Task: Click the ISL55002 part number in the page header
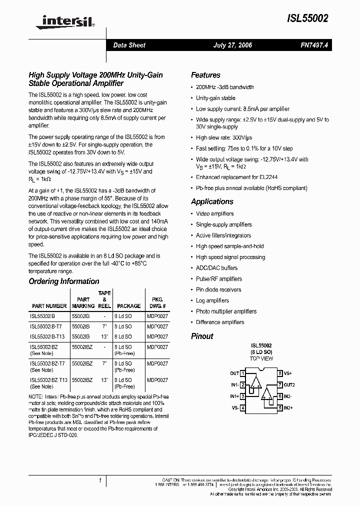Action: (307, 18)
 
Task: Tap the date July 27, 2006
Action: (232, 45)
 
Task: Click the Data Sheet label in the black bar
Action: (129, 45)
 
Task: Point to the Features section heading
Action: (205, 75)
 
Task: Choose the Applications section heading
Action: (212, 201)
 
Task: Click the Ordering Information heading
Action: (64, 281)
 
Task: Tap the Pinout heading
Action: (202, 336)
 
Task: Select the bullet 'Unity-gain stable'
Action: (215, 98)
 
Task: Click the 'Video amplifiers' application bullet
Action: (215, 213)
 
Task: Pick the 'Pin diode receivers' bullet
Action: (218, 289)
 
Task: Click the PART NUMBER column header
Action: (49, 306)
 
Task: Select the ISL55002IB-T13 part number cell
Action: (47, 336)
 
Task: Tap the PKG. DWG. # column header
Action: (157, 303)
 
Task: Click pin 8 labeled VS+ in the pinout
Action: (287, 373)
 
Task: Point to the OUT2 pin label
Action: (289, 384)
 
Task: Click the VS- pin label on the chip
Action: (234, 408)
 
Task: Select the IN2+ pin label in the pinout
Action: (289, 408)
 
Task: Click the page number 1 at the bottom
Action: (100, 480)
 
